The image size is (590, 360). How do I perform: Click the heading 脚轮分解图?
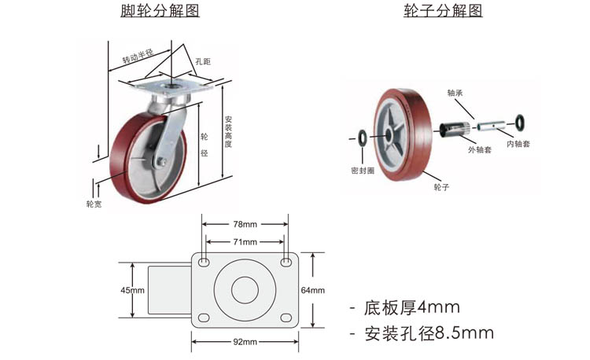(x=160, y=10)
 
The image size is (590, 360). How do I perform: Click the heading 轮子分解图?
(x=443, y=10)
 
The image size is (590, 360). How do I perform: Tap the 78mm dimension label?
(x=245, y=224)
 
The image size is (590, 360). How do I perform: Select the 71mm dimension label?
(x=245, y=242)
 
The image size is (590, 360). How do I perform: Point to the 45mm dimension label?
(x=132, y=290)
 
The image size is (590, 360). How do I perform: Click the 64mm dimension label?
(x=312, y=290)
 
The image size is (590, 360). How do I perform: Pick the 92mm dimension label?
(x=245, y=342)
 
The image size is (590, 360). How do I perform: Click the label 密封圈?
(x=363, y=171)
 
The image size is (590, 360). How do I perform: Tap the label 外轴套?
(x=480, y=149)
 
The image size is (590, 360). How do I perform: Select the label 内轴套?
(x=518, y=144)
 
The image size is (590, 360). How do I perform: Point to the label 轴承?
(x=455, y=93)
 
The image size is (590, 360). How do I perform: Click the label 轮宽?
(x=94, y=204)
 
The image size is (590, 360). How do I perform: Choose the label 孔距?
(x=203, y=61)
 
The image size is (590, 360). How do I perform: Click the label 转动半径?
(x=138, y=57)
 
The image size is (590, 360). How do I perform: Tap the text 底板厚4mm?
(x=411, y=307)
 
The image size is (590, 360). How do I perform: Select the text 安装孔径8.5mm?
(x=429, y=333)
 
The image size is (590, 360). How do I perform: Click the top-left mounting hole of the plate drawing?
(x=204, y=262)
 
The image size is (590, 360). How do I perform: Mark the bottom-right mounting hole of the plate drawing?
(x=286, y=318)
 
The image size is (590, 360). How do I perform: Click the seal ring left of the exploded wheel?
(x=362, y=138)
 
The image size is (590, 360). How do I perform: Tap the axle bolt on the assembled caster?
(x=162, y=162)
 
